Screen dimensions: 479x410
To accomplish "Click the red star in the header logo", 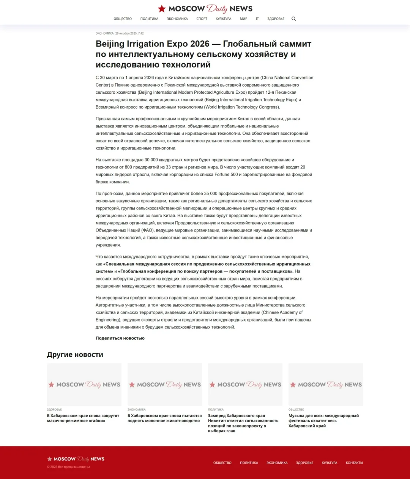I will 162,8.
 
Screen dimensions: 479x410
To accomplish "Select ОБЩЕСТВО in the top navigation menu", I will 123,19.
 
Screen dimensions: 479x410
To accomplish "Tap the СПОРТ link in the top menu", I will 202,19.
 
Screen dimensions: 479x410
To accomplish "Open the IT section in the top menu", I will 257,19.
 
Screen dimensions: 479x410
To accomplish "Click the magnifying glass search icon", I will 293,19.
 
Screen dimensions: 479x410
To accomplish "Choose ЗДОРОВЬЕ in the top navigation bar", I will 276,19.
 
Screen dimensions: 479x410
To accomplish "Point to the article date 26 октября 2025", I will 129,33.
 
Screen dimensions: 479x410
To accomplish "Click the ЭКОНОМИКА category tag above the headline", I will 104,33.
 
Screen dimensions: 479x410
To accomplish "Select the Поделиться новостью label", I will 120,338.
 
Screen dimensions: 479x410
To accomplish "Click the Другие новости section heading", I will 75,355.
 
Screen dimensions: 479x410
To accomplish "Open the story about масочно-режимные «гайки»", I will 83,418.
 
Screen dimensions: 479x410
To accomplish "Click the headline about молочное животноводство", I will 164,418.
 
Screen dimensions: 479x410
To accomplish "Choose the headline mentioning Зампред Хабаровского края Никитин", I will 243,423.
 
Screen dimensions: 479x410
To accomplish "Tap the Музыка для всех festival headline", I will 323,421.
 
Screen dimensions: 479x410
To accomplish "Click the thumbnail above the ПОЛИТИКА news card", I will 245,384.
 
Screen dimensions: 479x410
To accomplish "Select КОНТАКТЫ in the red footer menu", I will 354,463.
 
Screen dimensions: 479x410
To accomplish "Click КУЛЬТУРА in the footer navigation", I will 329,463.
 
